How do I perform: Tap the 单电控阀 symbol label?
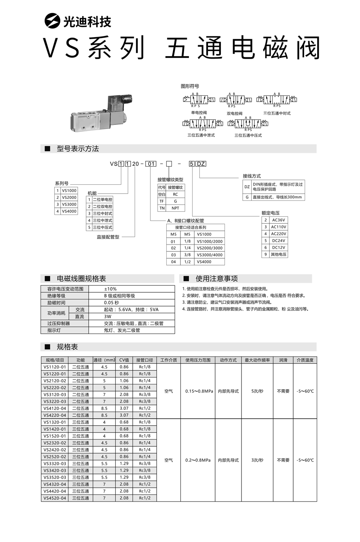coord(199,113)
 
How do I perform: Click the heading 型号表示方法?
coord(78,149)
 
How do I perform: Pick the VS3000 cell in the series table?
coord(69,205)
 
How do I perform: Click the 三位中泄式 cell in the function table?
coord(102,220)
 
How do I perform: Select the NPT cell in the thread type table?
coord(175,208)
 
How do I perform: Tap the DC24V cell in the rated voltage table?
coord(278,240)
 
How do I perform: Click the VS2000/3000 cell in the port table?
coord(210,248)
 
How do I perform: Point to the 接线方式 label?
coord(252,176)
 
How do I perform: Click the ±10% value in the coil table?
coord(110,289)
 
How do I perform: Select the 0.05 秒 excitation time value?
coord(112,303)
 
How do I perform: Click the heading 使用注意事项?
coord(216,278)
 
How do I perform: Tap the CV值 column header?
coord(124,360)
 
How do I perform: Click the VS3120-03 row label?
coord(55,394)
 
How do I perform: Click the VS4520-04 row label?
coord(55,498)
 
